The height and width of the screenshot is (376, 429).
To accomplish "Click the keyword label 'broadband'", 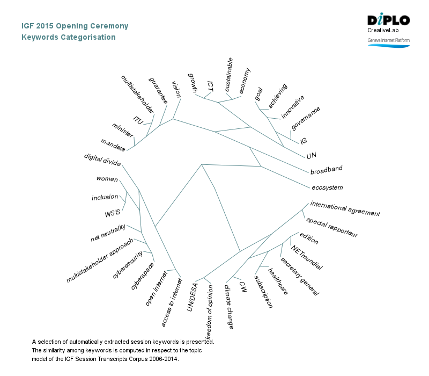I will click(x=326, y=170).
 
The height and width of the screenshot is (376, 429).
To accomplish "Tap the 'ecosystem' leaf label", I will click(x=327, y=188).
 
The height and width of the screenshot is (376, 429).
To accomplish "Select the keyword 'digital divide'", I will click(x=102, y=160).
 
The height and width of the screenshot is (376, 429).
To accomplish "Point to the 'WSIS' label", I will click(x=113, y=214).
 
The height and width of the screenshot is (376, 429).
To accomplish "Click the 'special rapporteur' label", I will click(x=332, y=228).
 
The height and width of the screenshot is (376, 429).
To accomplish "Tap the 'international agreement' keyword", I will click(x=345, y=209).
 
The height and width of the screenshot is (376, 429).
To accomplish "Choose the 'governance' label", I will click(x=306, y=118).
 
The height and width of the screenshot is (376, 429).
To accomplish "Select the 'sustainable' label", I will click(x=228, y=73).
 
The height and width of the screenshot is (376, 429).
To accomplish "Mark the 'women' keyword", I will click(x=107, y=179).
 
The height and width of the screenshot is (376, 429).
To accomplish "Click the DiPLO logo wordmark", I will click(x=389, y=20).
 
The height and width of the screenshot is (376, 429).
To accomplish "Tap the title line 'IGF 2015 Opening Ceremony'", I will click(x=75, y=26).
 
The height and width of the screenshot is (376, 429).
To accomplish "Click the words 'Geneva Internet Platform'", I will click(x=389, y=40).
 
